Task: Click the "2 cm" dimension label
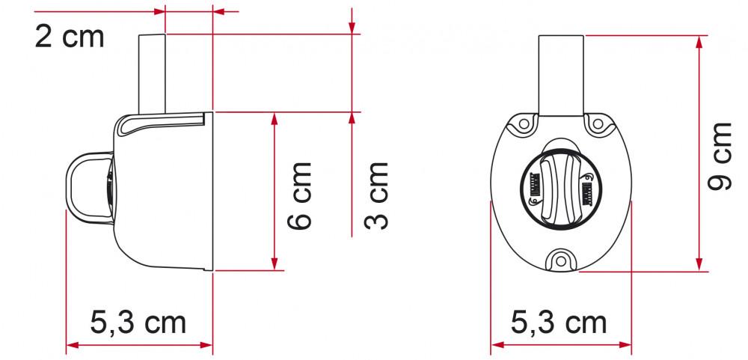click(x=70, y=37)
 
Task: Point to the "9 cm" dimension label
click(x=721, y=156)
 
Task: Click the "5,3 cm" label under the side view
click(x=138, y=323)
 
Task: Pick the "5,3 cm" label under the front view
click(x=559, y=323)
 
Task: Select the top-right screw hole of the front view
click(x=596, y=123)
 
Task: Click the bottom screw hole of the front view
click(x=560, y=259)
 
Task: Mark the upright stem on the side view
click(x=152, y=71)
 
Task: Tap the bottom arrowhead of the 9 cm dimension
click(x=701, y=265)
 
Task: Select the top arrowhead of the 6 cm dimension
click(x=275, y=118)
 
